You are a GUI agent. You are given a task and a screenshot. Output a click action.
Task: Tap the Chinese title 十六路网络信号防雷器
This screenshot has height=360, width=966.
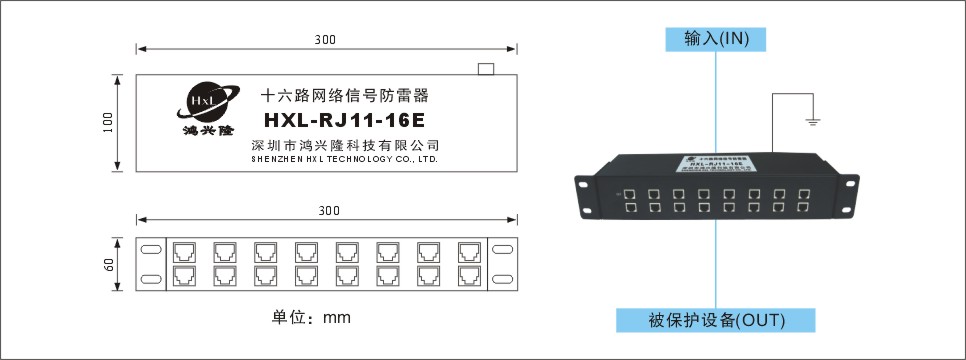coord(343,96)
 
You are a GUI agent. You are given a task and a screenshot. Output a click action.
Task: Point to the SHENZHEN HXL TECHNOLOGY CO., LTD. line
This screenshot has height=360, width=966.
coord(343,159)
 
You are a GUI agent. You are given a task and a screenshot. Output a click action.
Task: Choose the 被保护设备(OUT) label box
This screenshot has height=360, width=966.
coord(715,320)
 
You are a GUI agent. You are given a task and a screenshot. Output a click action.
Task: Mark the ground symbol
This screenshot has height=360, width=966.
coord(813,122)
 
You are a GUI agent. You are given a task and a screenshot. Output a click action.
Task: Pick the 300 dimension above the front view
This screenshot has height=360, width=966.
coord(327,211)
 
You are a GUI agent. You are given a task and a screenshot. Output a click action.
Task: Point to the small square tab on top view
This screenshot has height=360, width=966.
coord(486,68)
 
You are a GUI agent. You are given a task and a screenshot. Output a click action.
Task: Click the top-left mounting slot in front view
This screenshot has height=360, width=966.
coord(150,249)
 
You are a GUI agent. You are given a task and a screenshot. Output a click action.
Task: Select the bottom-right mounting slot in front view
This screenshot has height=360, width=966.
coord(503,279)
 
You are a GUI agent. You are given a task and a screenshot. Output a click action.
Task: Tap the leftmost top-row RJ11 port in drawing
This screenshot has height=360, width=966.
coord(185,250)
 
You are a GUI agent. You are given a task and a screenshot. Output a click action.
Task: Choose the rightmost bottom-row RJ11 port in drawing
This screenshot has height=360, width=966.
coord(469,274)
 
